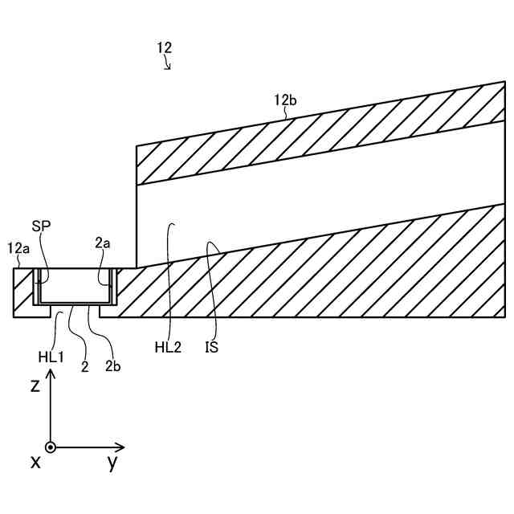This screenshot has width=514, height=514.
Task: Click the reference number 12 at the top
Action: tap(164, 48)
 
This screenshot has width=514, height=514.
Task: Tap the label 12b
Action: tap(285, 100)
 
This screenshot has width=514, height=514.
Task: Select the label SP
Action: tap(41, 226)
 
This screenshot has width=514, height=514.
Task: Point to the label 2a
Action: tap(102, 242)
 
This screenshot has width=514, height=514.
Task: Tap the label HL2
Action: tap(168, 347)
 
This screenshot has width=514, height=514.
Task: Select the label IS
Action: tap(211, 347)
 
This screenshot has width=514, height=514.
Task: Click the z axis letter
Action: tap(35, 385)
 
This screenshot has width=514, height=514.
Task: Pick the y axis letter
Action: tap(112, 463)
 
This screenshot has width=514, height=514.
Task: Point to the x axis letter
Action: tap(35, 463)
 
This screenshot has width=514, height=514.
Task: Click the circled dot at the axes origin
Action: tap(51, 447)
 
